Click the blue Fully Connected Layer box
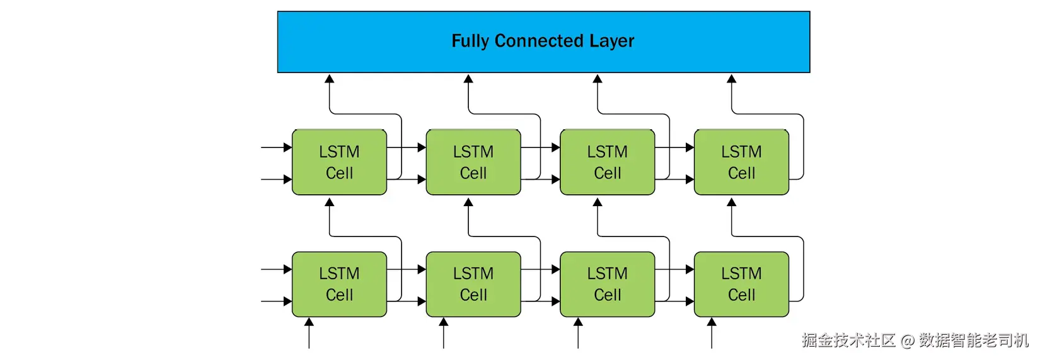pos(544,42)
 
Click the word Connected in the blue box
pos(538,40)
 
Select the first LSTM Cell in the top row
pos(339,162)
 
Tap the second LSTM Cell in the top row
pos(473,162)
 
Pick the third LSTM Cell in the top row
pos(607,162)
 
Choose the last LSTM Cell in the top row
pos(741,162)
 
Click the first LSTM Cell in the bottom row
pos(339,284)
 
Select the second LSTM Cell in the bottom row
pos(473,284)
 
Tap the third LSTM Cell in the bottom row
pos(607,284)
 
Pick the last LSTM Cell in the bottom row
pos(741,284)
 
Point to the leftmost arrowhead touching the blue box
pos(329,79)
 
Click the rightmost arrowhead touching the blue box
pos(732,79)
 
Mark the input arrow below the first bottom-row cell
pos(309,333)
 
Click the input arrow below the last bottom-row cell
pos(712,333)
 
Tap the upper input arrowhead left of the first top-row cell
pos(288,148)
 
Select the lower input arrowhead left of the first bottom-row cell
pos(288,301)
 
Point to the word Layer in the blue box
pos(612,42)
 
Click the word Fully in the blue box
pos(470,42)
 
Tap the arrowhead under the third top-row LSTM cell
pos(598,202)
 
